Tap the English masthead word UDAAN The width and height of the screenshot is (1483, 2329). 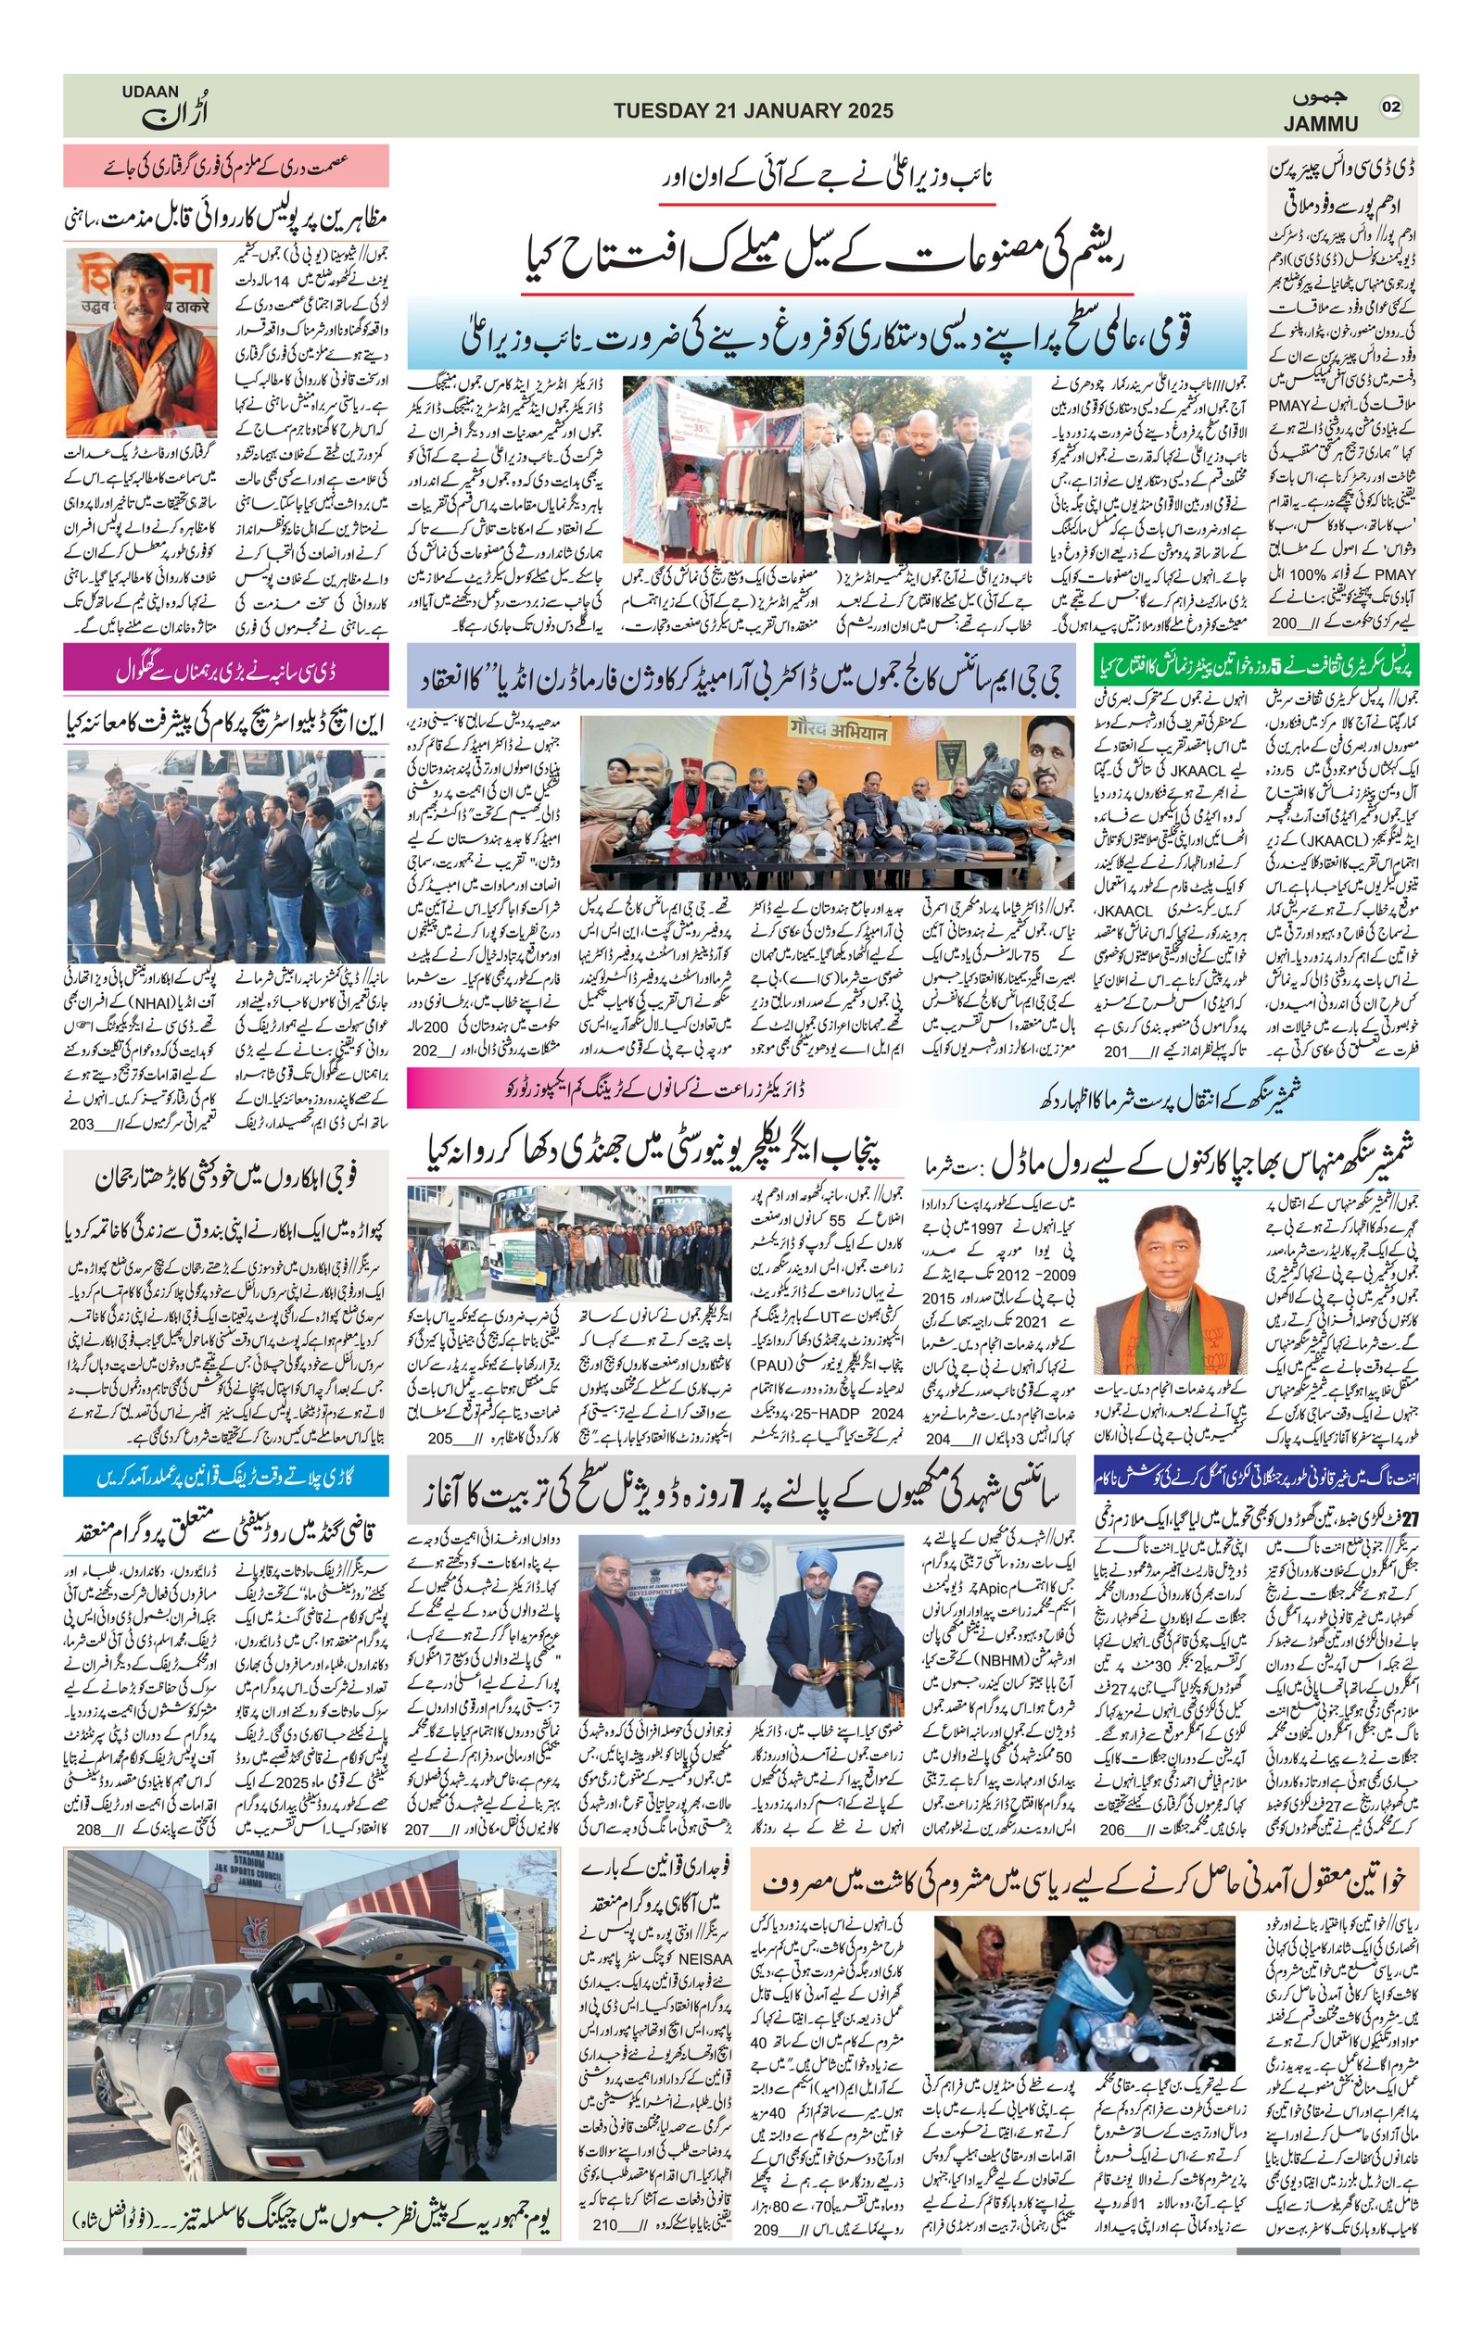(x=150, y=92)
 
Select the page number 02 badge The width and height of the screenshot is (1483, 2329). (x=1391, y=107)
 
